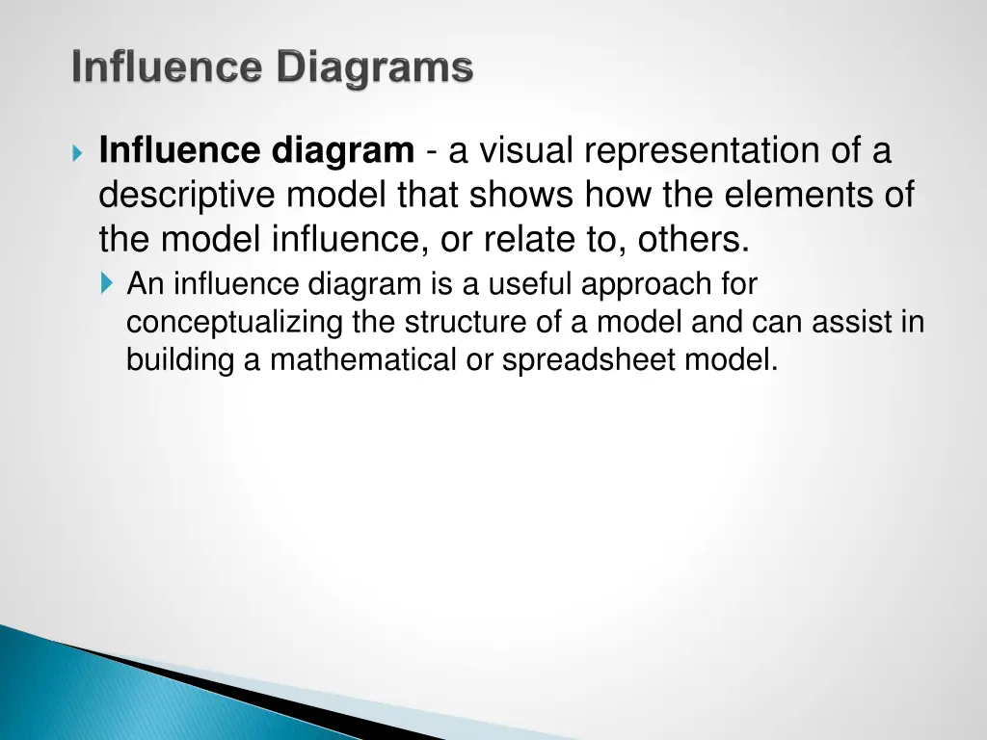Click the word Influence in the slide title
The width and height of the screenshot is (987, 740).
pos(169,68)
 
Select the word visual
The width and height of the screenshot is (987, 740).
pos(528,152)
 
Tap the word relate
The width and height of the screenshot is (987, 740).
pos(525,239)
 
